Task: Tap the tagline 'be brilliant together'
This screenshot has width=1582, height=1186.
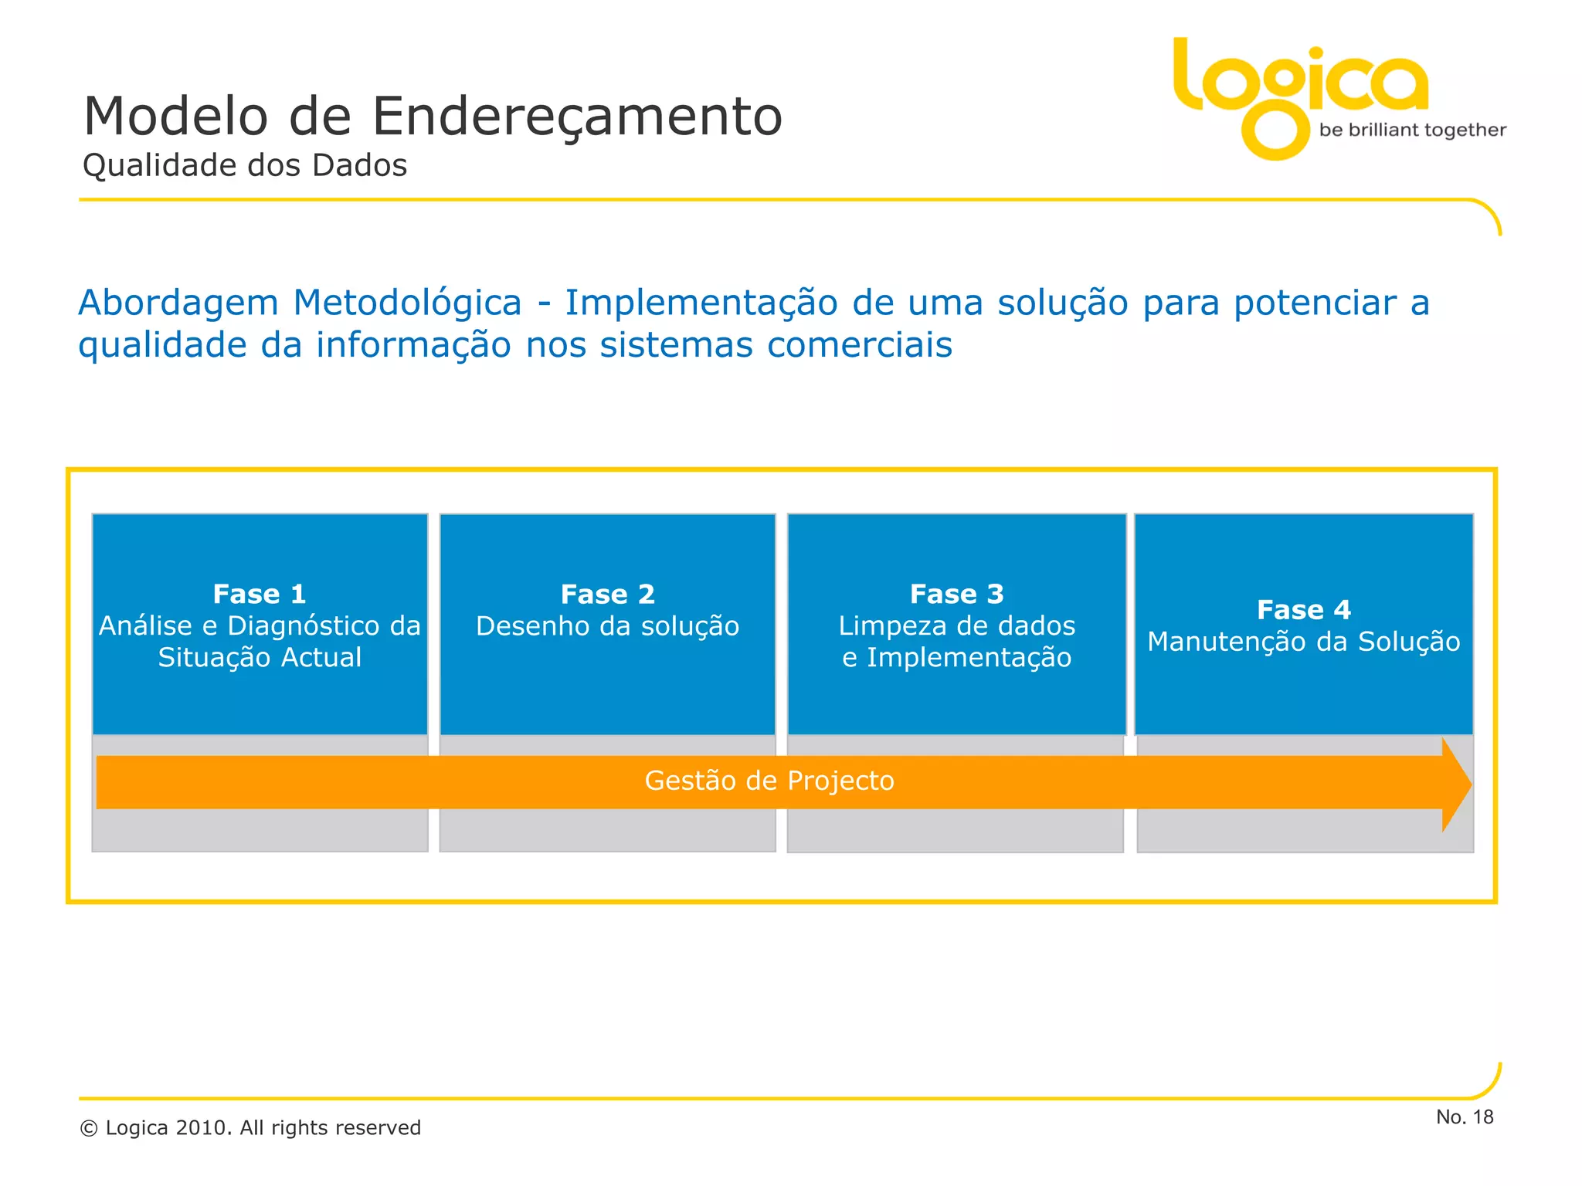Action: (1412, 130)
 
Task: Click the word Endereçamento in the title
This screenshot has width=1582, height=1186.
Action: (577, 117)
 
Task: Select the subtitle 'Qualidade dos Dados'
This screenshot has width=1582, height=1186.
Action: (245, 166)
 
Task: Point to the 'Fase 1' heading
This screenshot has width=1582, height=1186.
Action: (260, 594)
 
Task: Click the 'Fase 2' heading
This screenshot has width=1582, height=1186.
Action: (607, 594)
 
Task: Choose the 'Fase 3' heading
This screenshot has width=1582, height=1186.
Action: (956, 594)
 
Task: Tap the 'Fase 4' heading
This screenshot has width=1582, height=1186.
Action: (1303, 610)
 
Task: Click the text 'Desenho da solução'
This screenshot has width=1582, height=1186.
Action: (607, 626)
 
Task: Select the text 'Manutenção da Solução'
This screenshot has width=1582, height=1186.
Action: (1303, 642)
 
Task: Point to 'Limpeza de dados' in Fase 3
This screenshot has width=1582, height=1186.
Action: (956, 626)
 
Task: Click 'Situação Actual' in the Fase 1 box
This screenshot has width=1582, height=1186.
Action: (260, 658)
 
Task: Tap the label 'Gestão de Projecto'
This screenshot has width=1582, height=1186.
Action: (769, 781)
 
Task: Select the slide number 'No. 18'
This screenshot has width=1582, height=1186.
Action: (1465, 1117)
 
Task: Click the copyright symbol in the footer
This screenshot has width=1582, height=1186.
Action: (89, 1129)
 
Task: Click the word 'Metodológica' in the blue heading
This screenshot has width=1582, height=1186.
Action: (407, 303)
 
